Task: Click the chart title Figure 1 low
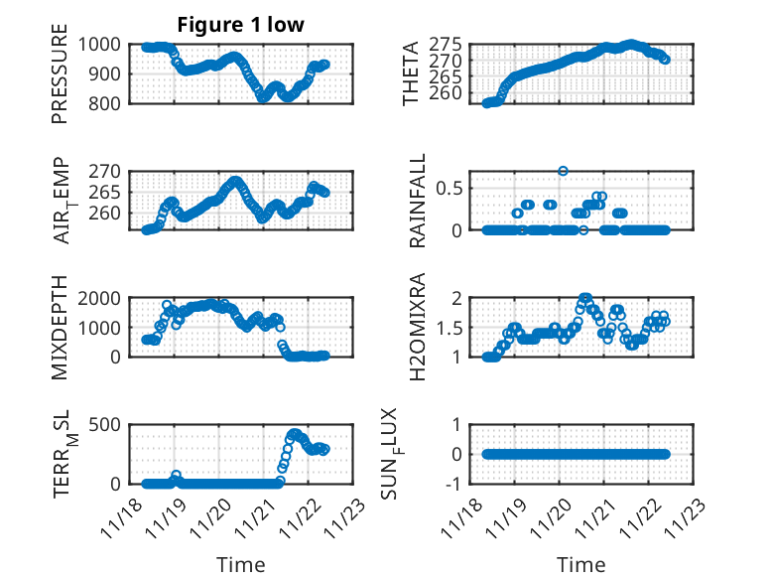click(x=240, y=24)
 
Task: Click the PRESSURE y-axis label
click(x=61, y=73)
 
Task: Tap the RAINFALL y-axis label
click(x=418, y=201)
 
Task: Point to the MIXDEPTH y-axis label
click(x=61, y=327)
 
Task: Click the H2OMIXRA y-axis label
click(x=418, y=327)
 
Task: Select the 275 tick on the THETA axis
click(x=446, y=45)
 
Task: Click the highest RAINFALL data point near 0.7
click(x=563, y=171)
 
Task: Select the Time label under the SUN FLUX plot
click(x=580, y=565)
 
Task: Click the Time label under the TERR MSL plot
click(x=240, y=565)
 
